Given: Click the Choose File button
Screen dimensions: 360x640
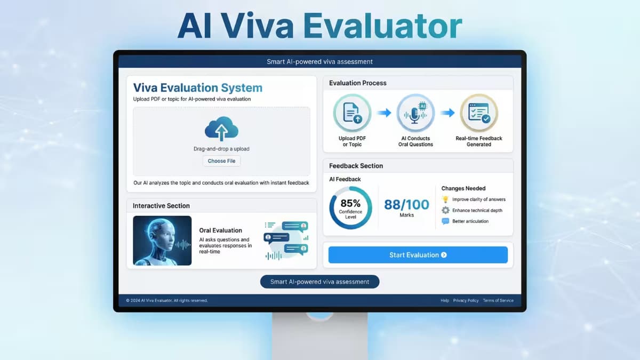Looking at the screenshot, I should [x=221, y=161].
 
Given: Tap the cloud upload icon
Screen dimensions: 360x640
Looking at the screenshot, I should [x=221, y=129].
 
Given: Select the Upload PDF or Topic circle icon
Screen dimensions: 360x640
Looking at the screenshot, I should [x=352, y=113].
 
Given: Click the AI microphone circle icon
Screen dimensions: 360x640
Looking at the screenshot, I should [x=415, y=113].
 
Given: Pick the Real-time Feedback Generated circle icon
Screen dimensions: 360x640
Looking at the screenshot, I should [x=479, y=113].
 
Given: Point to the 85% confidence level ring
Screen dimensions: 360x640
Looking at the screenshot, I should [x=350, y=207].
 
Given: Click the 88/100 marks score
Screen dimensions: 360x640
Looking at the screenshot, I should [x=406, y=205].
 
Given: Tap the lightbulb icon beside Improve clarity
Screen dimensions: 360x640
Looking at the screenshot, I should [x=445, y=199].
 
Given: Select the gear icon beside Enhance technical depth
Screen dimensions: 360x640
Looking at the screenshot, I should [x=445, y=210].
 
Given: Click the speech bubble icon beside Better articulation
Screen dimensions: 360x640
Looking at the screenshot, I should [x=445, y=221].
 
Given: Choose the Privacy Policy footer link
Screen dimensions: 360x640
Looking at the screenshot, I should [x=466, y=300].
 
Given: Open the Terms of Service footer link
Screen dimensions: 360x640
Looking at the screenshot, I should [x=498, y=300].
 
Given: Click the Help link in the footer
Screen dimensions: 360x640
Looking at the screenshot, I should [x=445, y=300].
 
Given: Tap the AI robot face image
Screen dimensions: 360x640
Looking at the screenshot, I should [x=162, y=241].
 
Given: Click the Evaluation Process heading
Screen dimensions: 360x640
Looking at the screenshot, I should [x=358, y=83].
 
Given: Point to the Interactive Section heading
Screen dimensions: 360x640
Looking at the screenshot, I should [x=161, y=206].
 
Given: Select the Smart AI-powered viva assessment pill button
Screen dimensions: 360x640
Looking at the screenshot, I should [x=319, y=282].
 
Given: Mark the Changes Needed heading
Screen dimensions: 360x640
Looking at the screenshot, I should [x=463, y=188].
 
